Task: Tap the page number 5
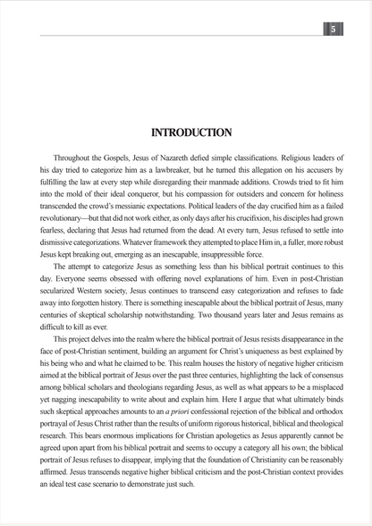(333, 30)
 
